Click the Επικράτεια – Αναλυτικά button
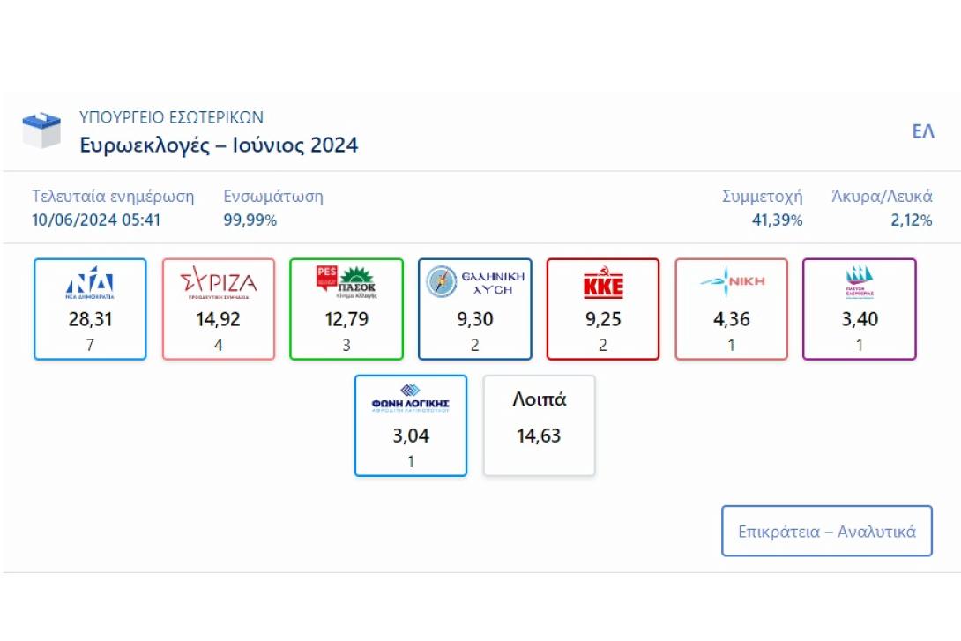pyautogui.click(x=826, y=532)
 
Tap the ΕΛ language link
pyautogui.click(x=923, y=132)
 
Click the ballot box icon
pyautogui.click(x=41, y=130)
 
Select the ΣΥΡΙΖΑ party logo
pyautogui.click(x=218, y=284)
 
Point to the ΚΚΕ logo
pyautogui.click(x=603, y=285)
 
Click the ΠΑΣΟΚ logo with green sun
pyautogui.click(x=346, y=282)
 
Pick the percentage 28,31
pyautogui.click(x=90, y=319)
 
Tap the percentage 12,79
pyautogui.click(x=346, y=319)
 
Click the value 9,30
pyautogui.click(x=474, y=319)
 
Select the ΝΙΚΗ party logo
pyautogui.click(x=731, y=282)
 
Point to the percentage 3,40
pyautogui.click(x=860, y=319)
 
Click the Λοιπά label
pyautogui.click(x=539, y=399)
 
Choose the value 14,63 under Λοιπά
pyautogui.click(x=539, y=436)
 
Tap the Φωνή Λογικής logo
pyautogui.click(x=411, y=399)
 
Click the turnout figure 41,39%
pyautogui.click(x=777, y=220)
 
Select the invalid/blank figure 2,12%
pyautogui.click(x=912, y=220)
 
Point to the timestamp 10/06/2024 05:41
pyautogui.click(x=96, y=220)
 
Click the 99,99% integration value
pyautogui.click(x=250, y=220)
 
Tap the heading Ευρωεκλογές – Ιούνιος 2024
pyautogui.click(x=219, y=145)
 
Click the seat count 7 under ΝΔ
pyautogui.click(x=90, y=345)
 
